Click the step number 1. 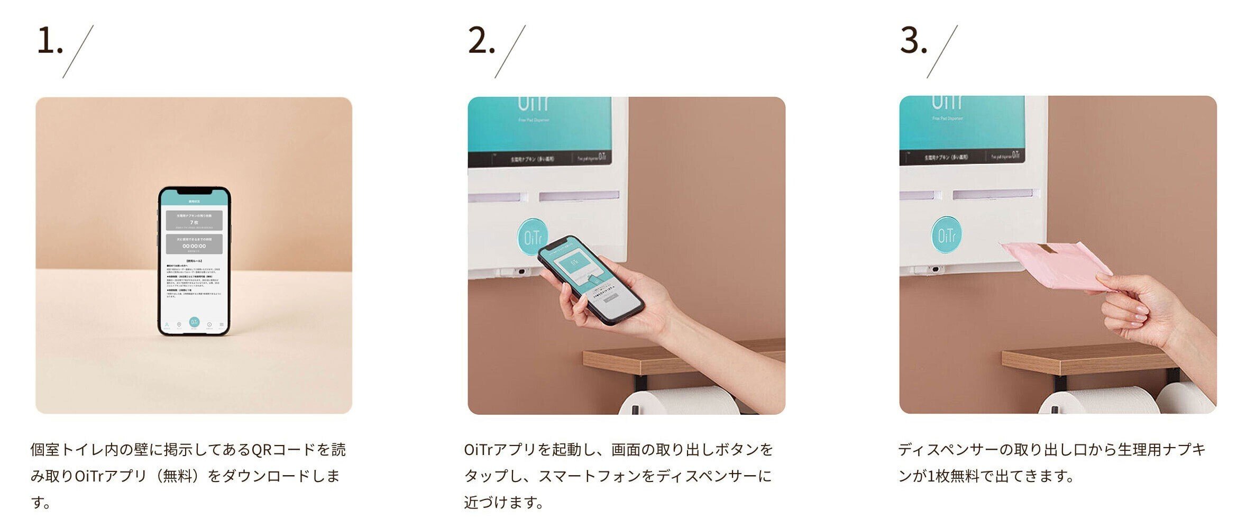tap(49, 41)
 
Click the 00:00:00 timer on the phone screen tap(194, 246)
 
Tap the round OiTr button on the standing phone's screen tap(194, 322)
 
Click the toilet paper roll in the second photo tap(682, 402)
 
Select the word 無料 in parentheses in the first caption tap(177, 476)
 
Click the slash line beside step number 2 tap(510, 52)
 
